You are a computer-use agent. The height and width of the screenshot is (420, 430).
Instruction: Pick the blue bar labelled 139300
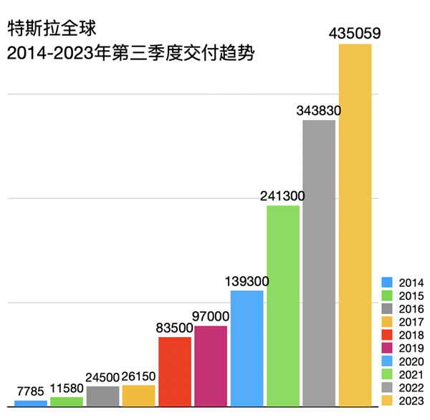pos(247,348)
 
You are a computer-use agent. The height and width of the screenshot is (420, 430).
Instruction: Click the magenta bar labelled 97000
pos(211,366)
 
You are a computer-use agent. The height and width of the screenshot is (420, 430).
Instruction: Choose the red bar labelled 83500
pos(175,371)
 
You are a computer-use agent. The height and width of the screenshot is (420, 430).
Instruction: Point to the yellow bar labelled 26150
pos(139,396)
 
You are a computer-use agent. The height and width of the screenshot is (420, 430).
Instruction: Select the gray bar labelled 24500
pos(102,396)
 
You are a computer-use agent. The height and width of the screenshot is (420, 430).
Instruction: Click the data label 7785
pos(30,391)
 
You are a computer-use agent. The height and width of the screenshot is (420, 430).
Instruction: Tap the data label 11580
pos(67,390)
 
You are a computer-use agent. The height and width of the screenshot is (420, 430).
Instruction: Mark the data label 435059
pos(355,33)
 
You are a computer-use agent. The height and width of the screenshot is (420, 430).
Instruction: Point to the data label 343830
pos(318,111)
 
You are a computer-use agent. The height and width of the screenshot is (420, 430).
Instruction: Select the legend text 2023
pos(410,400)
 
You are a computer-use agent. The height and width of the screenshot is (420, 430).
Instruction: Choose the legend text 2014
pos(410,283)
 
